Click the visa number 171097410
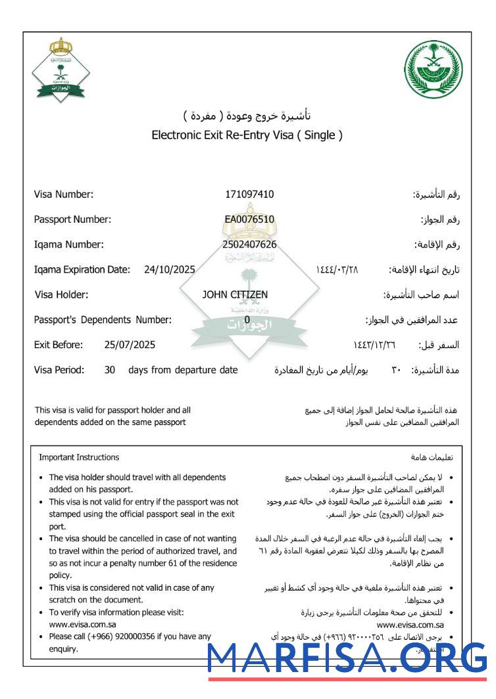(x=249, y=194)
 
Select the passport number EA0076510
(x=249, y=219)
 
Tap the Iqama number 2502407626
(x=249, y=244)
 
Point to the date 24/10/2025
(x=169, y=269)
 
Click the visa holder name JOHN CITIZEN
(x=235, y=295)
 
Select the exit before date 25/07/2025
(x=130, y=344)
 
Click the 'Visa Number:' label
(x=64, y=194)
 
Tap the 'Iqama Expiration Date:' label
(x=82, y=269)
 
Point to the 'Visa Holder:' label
(x=61, y=295)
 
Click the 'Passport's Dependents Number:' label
(x=103, y=320)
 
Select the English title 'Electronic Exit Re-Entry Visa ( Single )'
(x=247, y=136)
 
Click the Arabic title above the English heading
(x=247, y=116)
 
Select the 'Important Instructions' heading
(x=79, y=457)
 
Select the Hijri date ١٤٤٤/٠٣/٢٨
(x=337, y=270)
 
